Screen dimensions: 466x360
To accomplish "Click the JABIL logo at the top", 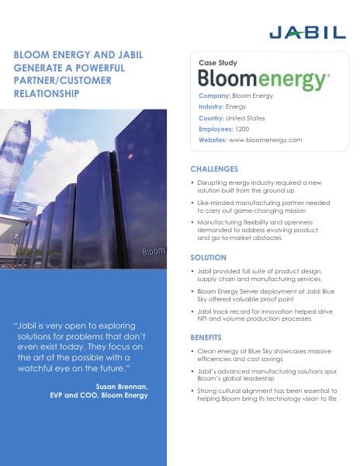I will pyautogui.click(x=306, y=32).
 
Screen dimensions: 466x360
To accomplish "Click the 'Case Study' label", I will pyautogui.click(x=218, y=62).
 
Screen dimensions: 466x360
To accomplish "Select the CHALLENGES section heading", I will pyautogui.click(x=214, y=169).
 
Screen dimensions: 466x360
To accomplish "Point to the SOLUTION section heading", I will pyautogui.click(x=208, y=257).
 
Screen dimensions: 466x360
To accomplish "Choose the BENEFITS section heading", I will pyautogui.click(x=206, y=338).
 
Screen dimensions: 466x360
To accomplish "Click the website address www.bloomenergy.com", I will pyautogui.click(x=265, y=141).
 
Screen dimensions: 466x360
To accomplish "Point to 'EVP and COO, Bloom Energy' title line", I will pyautogui.click(x=93, y=395).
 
